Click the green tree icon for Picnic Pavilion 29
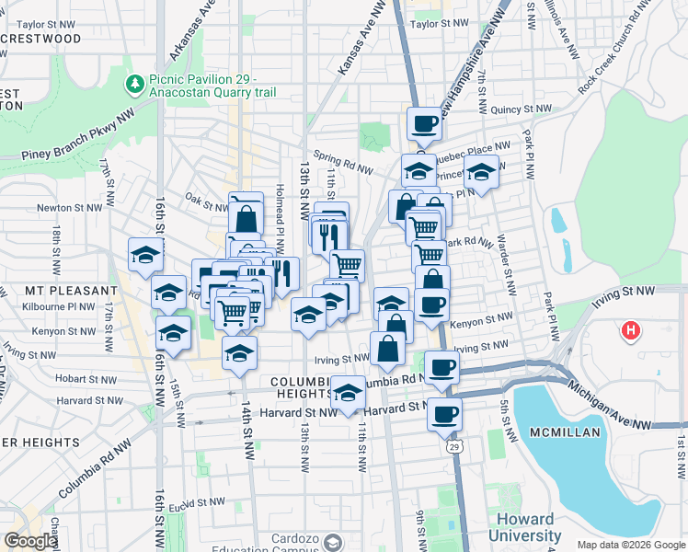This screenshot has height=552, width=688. click(135, 85)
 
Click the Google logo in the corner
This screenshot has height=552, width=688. click(29, 541)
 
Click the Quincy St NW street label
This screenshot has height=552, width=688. click(521, 109)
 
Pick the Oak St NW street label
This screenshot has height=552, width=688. click(206, 197)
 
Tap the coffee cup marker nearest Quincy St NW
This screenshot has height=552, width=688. click(425, 123)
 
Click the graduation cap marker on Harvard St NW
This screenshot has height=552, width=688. click(348, 393)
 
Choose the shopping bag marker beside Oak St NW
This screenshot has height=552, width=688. click(246, 218)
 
